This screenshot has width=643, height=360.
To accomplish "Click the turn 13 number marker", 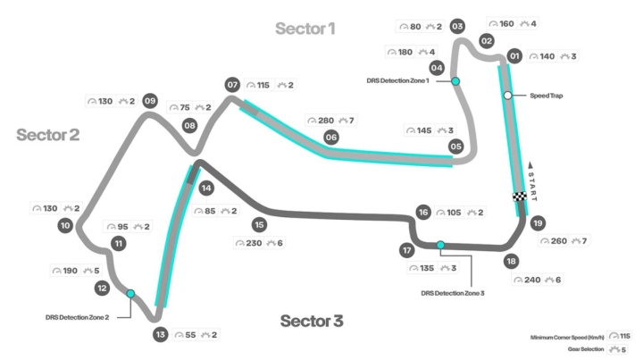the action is [161, 335].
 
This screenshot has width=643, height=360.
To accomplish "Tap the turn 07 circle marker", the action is [232, 85].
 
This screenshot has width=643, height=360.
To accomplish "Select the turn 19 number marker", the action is [538, 223].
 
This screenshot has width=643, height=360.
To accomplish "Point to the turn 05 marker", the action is [455, 147].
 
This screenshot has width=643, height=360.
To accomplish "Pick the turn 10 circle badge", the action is [65, 225].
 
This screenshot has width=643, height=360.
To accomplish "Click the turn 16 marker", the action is [423, 213].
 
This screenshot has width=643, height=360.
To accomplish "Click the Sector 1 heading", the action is [305, 29].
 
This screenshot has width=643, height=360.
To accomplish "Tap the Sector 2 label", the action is [48, 135].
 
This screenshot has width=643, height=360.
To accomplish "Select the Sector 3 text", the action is [312, 321].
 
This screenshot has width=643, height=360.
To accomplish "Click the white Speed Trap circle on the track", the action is [507, 96].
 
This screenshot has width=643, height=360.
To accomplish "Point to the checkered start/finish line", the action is [520, 197].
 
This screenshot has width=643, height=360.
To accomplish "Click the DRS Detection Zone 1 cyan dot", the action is [455, 81].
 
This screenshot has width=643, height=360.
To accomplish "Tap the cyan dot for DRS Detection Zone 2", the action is [130, 294].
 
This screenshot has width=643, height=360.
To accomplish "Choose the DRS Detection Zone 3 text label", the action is [453, 293].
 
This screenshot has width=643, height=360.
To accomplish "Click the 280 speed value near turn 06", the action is [326, 121].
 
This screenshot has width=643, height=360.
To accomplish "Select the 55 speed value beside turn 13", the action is [191, 335].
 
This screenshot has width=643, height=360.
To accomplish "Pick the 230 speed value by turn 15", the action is [254, 243].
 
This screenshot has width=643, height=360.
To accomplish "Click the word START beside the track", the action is [532, 187].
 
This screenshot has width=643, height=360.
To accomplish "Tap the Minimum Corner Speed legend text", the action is [567, 338].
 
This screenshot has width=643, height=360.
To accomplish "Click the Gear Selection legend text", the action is [586, 349].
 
